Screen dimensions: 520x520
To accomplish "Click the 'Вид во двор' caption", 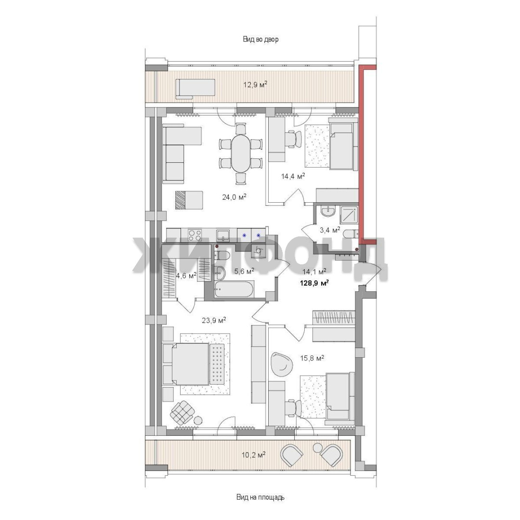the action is [x=260, y=39].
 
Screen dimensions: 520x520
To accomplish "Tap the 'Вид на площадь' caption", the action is [x=260, y=497].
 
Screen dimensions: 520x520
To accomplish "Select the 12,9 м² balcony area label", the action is [x=255, y=84].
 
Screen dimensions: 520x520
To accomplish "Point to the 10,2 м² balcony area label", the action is [x=253, y=455].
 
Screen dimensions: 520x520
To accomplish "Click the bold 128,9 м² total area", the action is [x=314, y=283].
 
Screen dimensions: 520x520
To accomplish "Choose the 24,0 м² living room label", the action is [x=234, y=197].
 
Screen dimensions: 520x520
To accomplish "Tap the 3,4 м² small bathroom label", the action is [x=330, y=230].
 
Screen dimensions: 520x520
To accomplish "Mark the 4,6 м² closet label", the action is [x=186, y=275].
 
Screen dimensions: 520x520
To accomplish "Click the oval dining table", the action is [x=241, y=153].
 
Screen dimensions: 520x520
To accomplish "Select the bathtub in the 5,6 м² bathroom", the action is [x=234, y=289].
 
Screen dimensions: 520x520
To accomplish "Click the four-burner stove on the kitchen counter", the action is [x=195, y=235].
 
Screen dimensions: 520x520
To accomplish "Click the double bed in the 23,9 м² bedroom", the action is [x=194, y=363].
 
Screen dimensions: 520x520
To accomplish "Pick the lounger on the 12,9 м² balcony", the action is [x=195, y=89].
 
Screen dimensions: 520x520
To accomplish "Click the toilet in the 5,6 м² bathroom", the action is [x=222, y=255].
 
